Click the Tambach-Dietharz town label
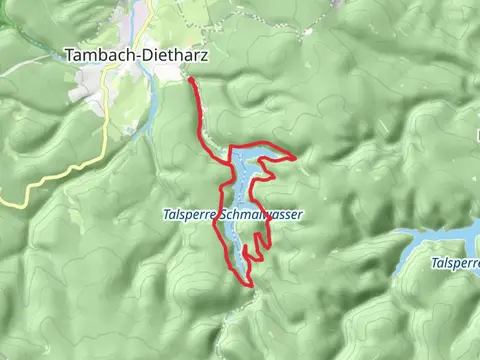point(136,57)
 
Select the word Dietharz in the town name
point(172,57)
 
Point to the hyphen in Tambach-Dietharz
point(137,58)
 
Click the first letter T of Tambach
point(69,57)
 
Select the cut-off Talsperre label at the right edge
point(455,263)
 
